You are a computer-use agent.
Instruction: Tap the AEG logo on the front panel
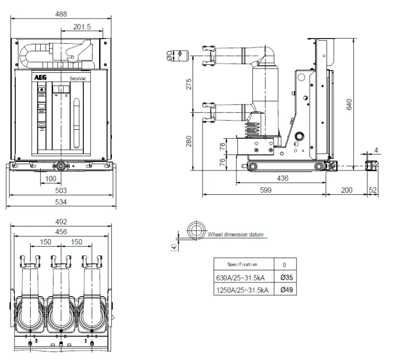click(41, 77)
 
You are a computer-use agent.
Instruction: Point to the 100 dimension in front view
click(50, 179)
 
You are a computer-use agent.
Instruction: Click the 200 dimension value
click(346, 190)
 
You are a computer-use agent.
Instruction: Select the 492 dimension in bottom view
click(61, 222)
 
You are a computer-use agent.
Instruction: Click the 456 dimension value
click(61, 232)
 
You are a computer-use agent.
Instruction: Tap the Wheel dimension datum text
click(235, 235)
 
